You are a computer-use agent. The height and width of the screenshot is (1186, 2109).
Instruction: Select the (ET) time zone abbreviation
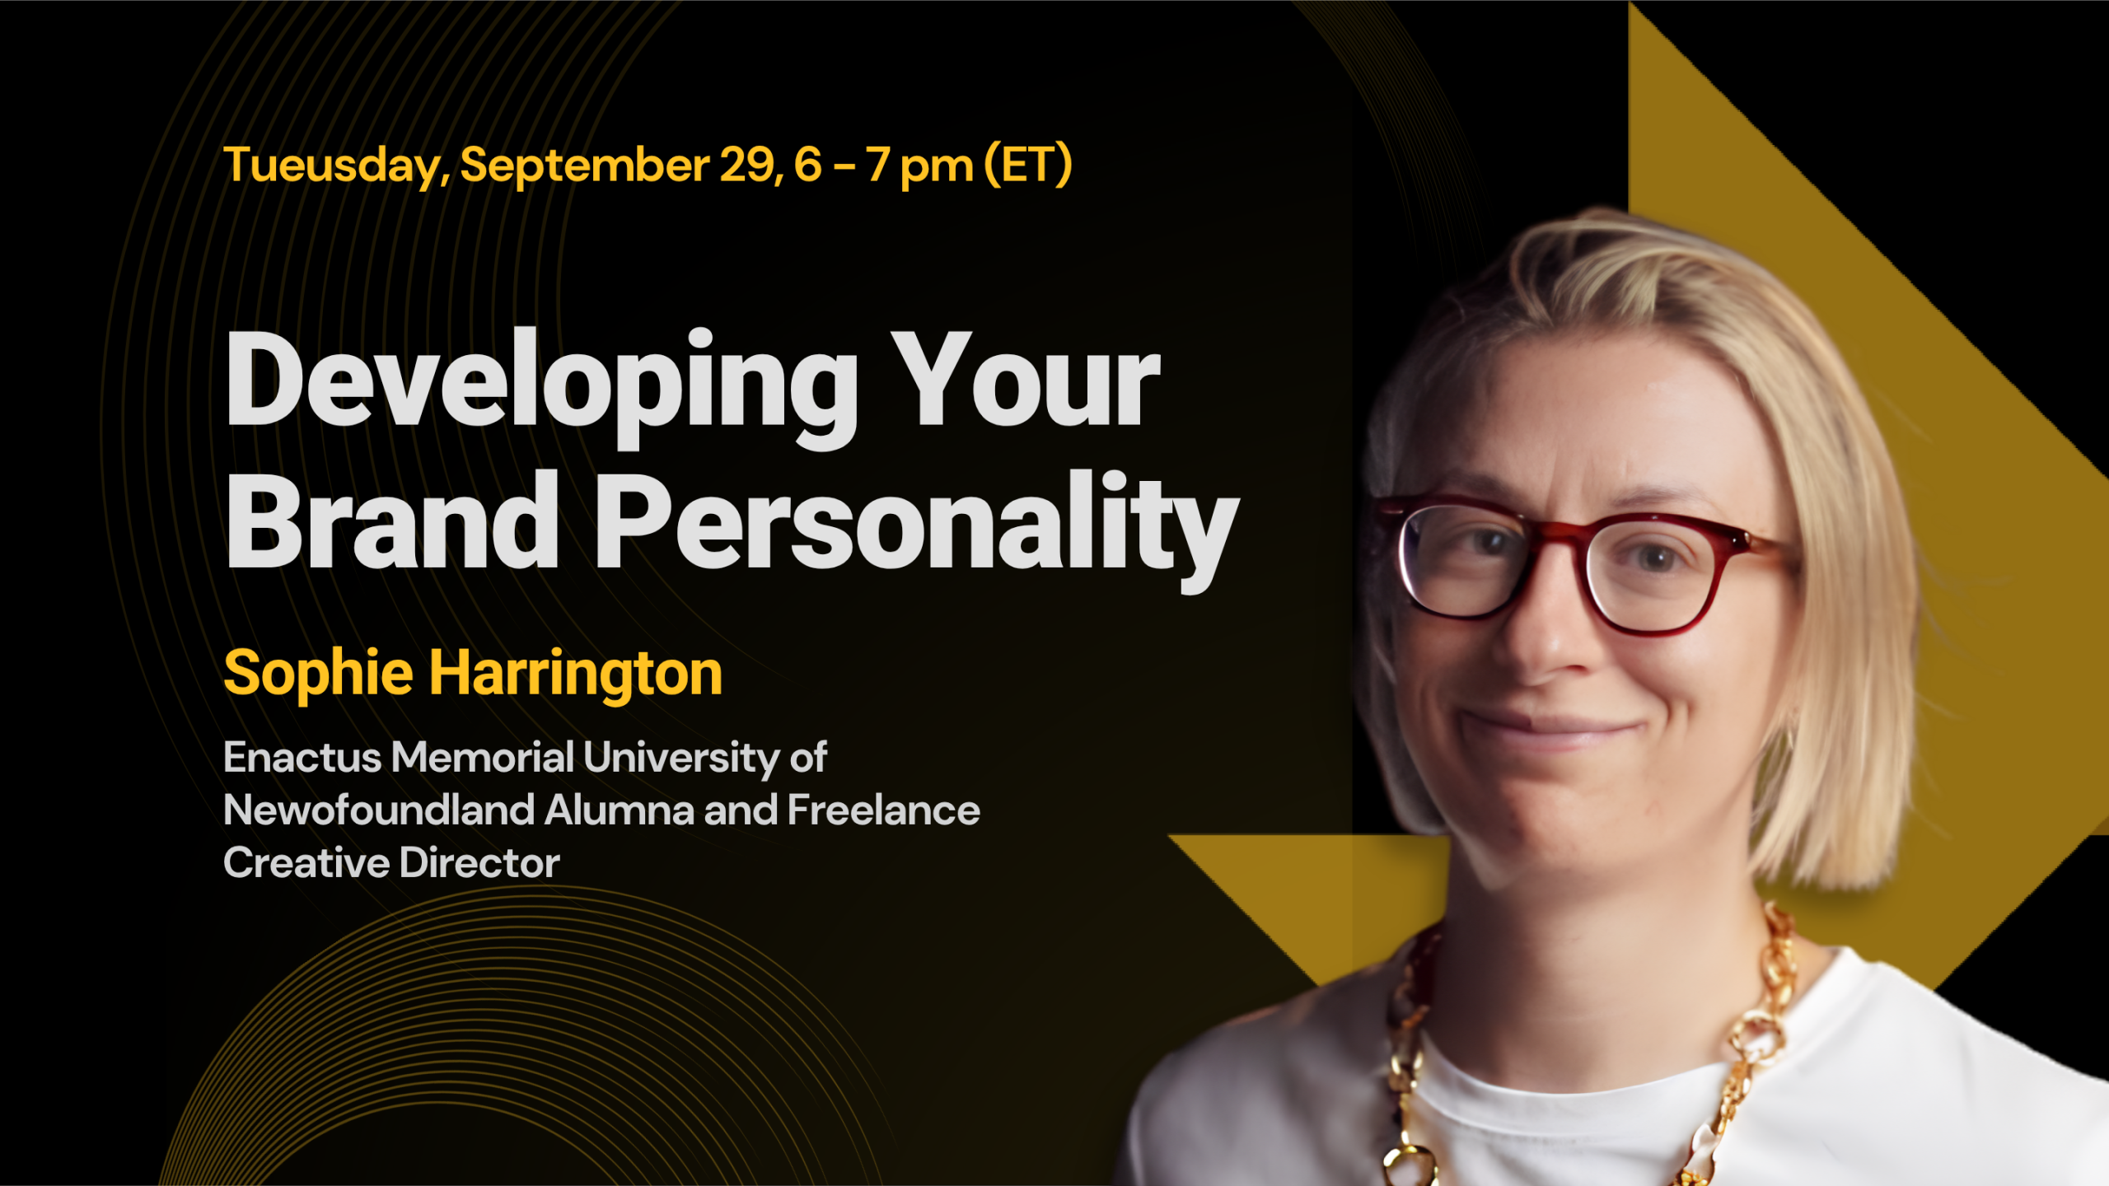[1029, 165]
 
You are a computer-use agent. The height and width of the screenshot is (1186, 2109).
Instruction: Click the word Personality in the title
[917, 531]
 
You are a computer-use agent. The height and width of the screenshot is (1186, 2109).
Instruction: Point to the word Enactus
[302, 758]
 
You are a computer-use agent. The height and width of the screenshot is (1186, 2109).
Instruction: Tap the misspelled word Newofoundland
[380, 810]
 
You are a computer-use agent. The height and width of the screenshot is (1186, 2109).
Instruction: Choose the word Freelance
[884, 810]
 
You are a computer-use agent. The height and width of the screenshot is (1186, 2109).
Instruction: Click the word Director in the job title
[479, 863]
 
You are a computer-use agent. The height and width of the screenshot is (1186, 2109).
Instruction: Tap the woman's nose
[1545, 626]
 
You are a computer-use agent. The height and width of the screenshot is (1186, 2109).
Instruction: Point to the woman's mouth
[1549, 730]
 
